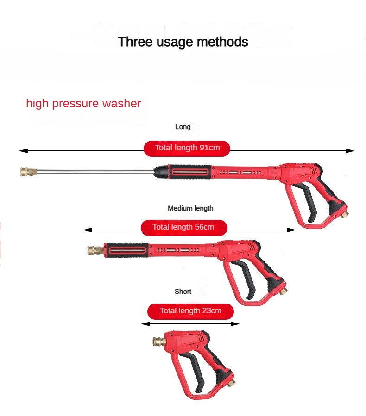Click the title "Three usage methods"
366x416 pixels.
click(183, 42)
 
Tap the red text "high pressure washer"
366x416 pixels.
click(83, 103)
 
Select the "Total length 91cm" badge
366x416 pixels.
click(187, 148)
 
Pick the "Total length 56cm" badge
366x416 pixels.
click(184, 227)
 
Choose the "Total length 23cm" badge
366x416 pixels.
click(190, 311)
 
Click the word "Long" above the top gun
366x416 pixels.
click(183, 127)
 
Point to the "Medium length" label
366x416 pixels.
click(190, 208)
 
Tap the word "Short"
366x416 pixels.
click(183, 292)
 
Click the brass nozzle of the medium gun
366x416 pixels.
click(95, 250)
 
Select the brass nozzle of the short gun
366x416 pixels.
click(159, 341)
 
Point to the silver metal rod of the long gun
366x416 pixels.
click(95, 172)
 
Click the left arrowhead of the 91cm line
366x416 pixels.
click(23, 151)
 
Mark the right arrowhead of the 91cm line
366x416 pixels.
click(350, 151)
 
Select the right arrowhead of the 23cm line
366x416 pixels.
click(235, 323)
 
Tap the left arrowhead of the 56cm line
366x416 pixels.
click(88, 230)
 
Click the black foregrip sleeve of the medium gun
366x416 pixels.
click(127, 250)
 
